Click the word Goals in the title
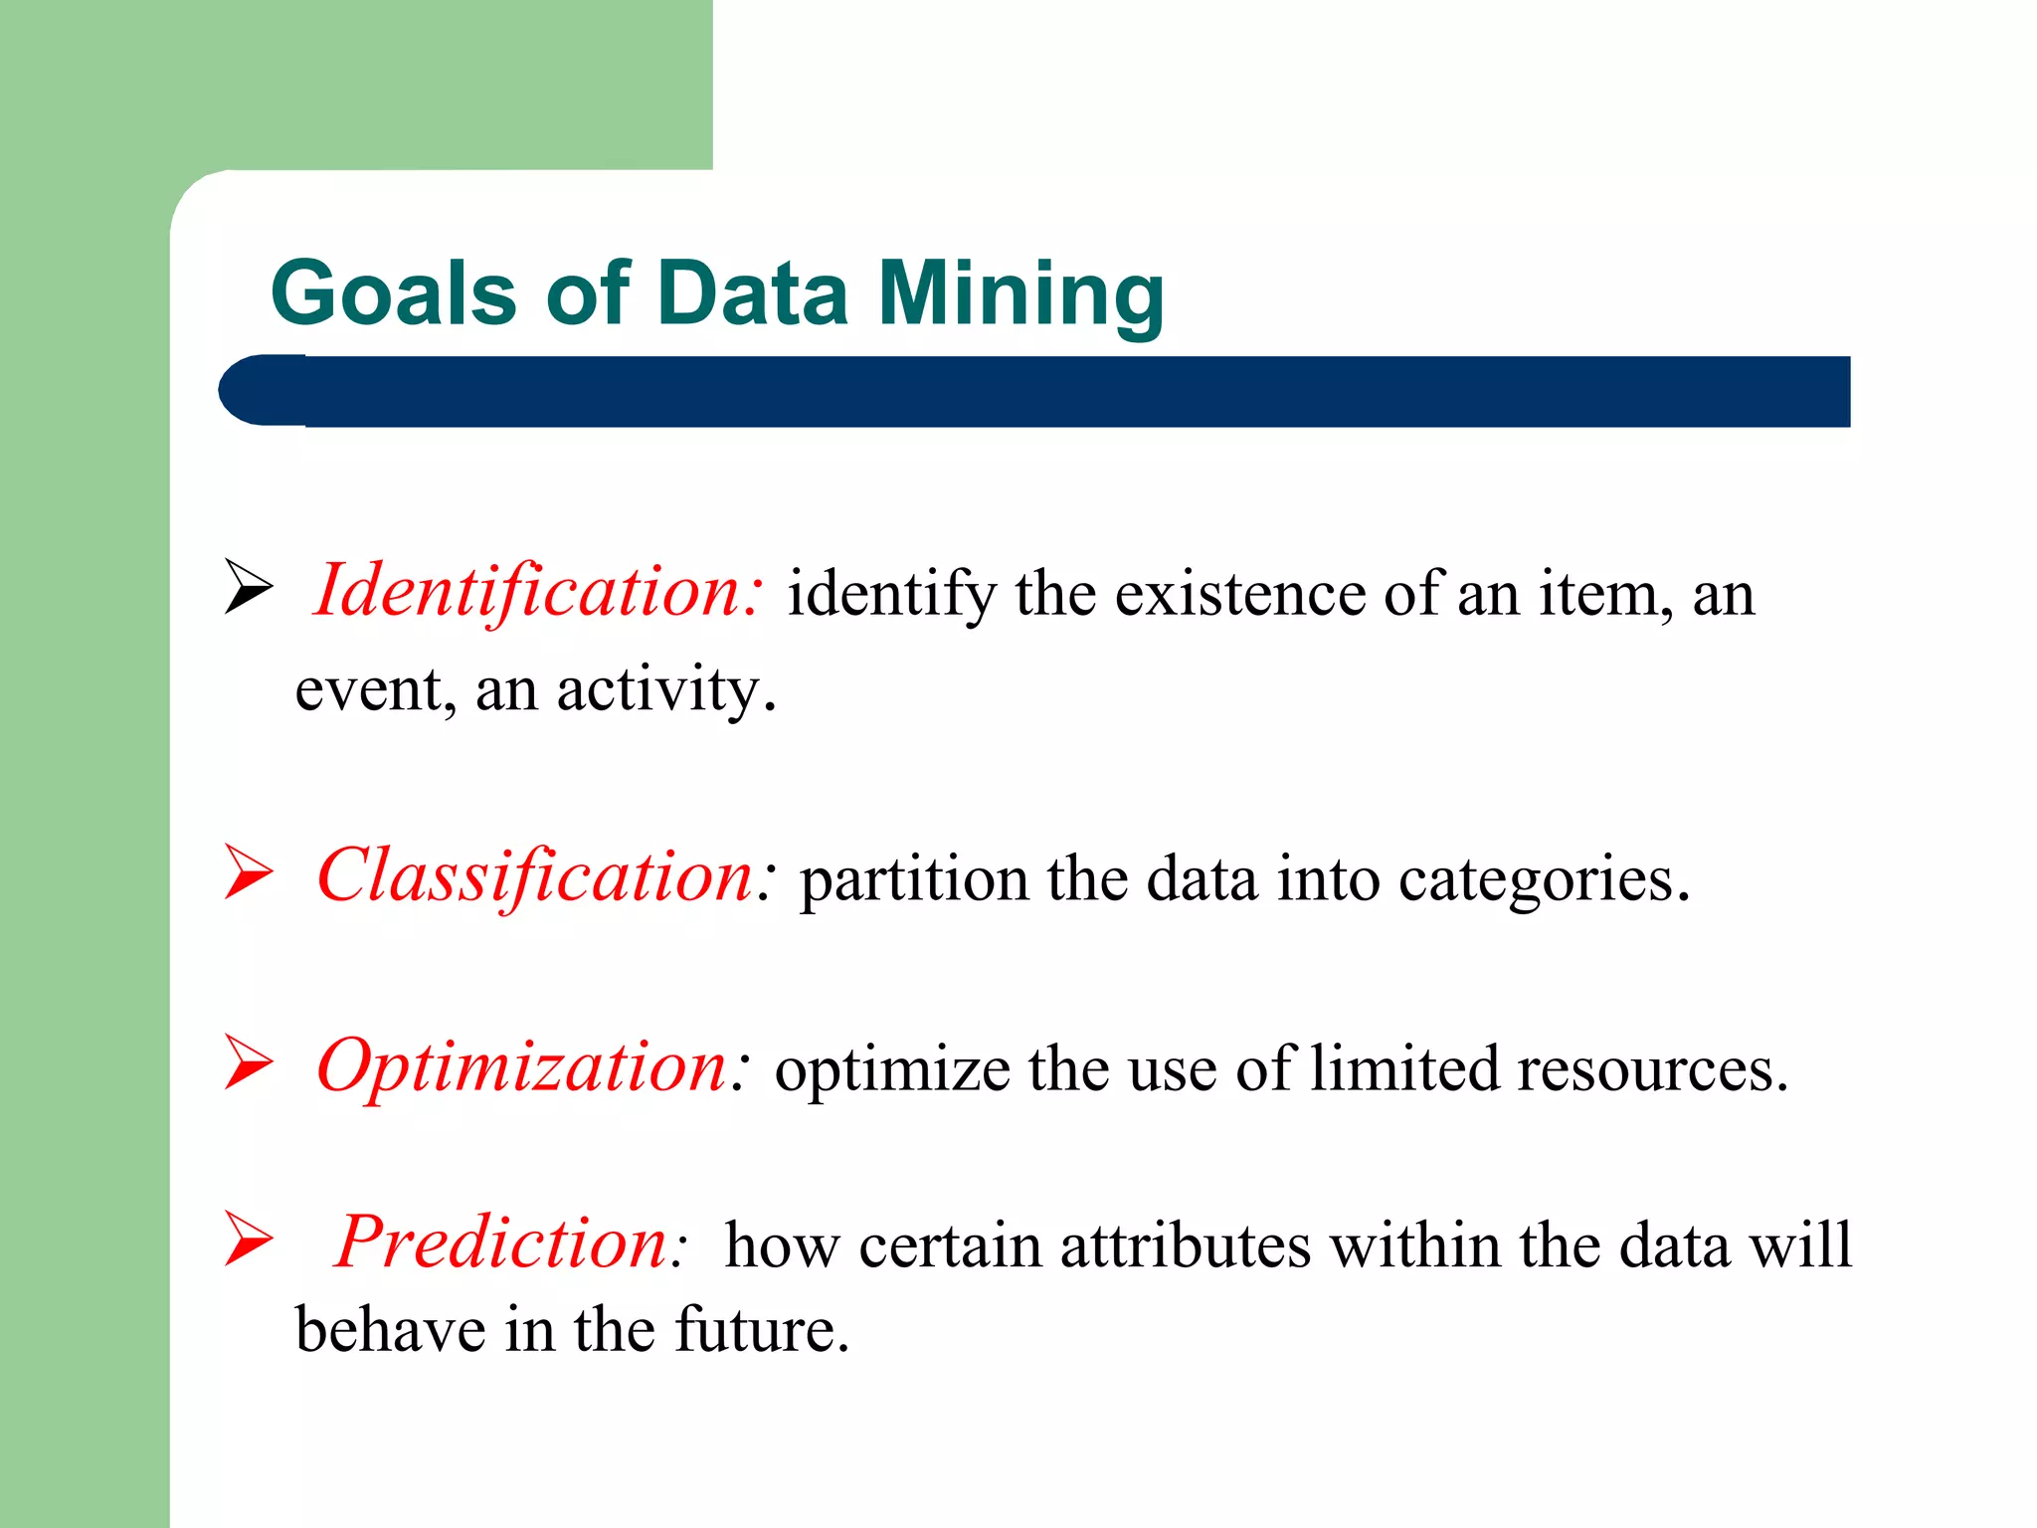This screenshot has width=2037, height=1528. pyautogui.click(x=393, y=293)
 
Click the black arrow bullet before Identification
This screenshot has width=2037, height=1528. pyautogui.click(x=248, y=586)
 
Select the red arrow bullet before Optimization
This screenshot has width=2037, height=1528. pyautogui.click(x=248, y=1061)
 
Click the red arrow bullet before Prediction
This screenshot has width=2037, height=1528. pyautogui.click(x=248, y=1239)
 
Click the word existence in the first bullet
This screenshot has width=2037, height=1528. pyautogui.click(x=1238, y=594)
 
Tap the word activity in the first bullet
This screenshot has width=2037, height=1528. pyautogui.click(x=664, y=689)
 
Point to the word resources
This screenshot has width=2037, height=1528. pyautogui.click(x=1651, y=1070)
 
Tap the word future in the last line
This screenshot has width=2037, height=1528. pyautogui.click(x=761, y=1330)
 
